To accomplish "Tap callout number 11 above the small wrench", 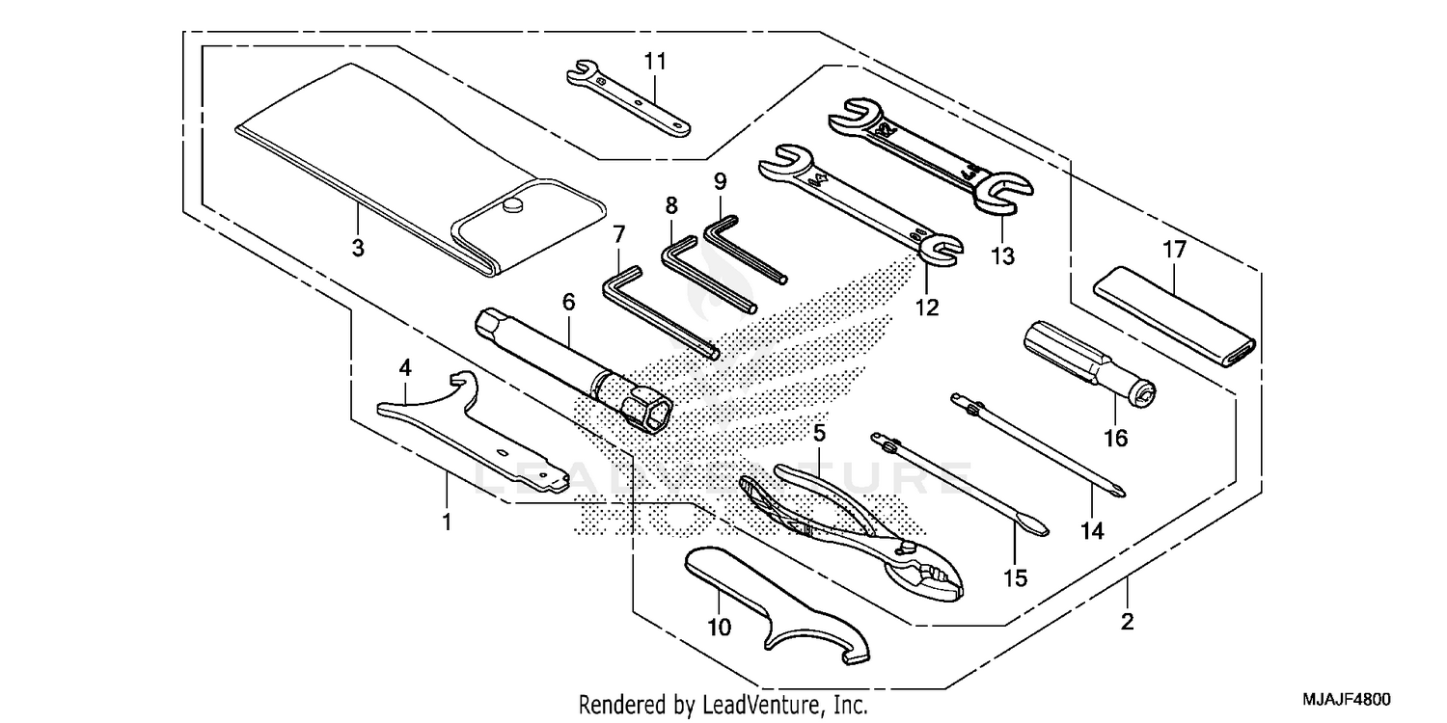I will (x=655, y=61).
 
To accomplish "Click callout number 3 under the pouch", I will (x=357, y=248).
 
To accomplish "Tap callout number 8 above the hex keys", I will (x=671, y=204).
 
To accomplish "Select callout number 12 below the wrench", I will (x=926, y=308).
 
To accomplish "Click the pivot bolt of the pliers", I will (x=910, y=547).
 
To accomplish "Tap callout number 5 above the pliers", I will (x=819, y=434).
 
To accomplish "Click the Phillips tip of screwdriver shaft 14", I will (x=1118, y=492).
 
